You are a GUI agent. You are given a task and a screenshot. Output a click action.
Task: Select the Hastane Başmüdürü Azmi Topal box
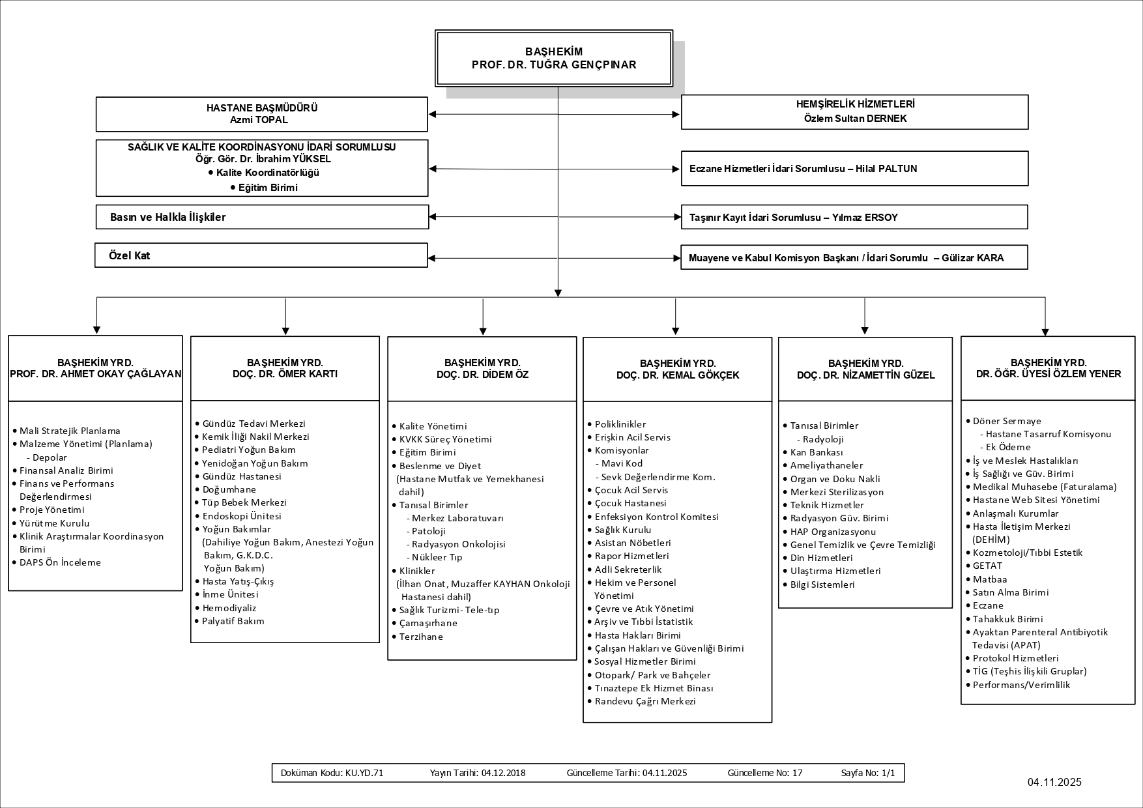(261, 114)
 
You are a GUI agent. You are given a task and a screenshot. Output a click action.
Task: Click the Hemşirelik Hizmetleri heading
(855, 104)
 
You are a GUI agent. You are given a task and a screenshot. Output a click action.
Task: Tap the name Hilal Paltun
(888, 169)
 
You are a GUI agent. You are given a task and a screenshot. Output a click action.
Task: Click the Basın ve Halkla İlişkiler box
(261, 217)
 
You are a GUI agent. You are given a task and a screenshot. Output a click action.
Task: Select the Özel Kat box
(261, 255)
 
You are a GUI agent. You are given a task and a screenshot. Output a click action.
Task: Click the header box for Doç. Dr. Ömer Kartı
(285, 368)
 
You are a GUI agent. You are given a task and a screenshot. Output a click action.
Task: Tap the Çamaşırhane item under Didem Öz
(428, 623)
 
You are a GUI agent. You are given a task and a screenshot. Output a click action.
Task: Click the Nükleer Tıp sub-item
(437, 557)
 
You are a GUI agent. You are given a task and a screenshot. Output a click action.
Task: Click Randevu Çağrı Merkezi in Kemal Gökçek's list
(645, 701)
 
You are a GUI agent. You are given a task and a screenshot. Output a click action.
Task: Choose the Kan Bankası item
(817, 452)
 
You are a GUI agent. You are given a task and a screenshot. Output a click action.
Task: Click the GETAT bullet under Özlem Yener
(987, 566)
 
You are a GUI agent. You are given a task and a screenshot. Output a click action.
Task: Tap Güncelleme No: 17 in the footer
(765, 773)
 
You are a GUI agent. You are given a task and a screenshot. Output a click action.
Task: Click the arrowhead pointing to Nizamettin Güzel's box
(865, 330)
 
